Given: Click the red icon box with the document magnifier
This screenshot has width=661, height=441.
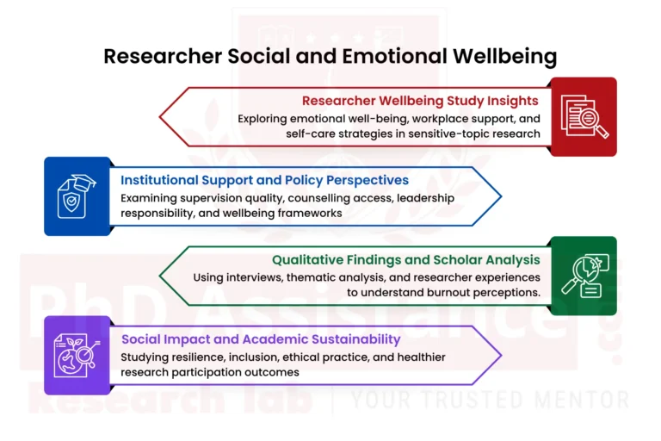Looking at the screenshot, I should [584, 116].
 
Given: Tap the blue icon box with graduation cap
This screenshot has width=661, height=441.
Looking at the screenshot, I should [77, 196].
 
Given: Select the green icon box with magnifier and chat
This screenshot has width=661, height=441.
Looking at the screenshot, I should [584, 276].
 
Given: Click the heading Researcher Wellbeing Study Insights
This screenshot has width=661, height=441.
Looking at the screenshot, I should [419, 101].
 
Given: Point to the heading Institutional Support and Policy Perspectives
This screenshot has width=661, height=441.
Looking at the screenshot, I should [264, 180].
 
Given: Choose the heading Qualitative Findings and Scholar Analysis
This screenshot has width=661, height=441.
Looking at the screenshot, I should [405, 259].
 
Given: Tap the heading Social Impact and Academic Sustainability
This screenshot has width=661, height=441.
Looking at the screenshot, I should [260, 339].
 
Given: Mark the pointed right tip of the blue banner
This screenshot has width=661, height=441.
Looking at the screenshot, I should [501, 196].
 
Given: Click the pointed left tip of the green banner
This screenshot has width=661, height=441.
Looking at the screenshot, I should [161, 276].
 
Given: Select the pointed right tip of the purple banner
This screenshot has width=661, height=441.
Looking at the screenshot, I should [501, 355].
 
